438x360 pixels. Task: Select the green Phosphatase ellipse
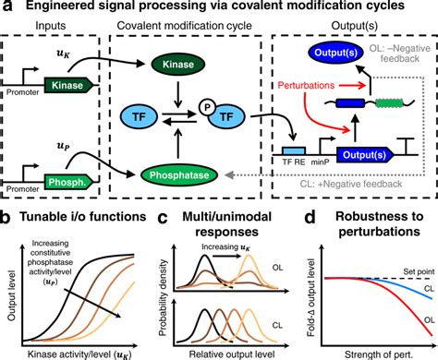[x=190, y=172]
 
